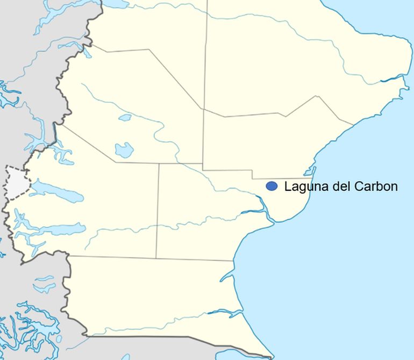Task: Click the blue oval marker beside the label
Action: [x=272, y=186]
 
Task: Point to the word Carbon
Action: [x=376, y=186]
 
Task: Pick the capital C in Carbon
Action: [x=359, y=186]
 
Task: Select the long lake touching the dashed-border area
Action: [x=56, y=191]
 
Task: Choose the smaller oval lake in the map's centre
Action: [x=125, y=117]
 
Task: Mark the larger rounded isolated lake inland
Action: [x=124, y=150]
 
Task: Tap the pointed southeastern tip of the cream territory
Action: [x=270, y=356]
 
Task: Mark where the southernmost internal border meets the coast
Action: [x=233, y=261]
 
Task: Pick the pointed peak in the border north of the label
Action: [x=317, y=97]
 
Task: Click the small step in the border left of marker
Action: [x=253, y=175]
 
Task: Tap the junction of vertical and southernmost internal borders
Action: [x=156, y=257]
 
